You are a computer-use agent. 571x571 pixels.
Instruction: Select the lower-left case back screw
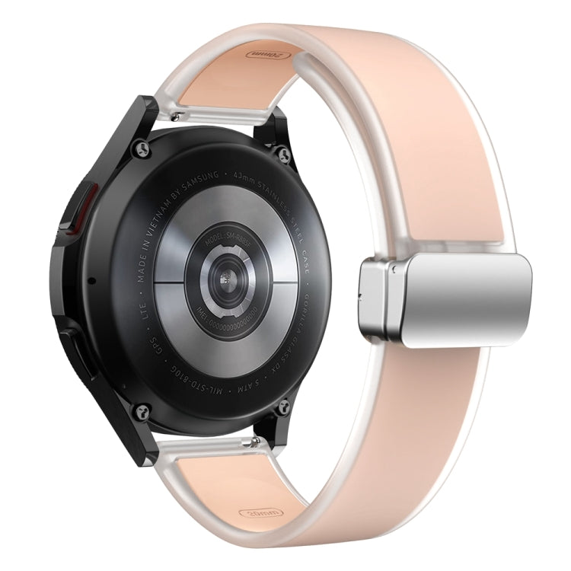click(x=142, y=411)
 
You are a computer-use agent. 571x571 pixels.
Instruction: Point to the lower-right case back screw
click(x=283, y=406)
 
